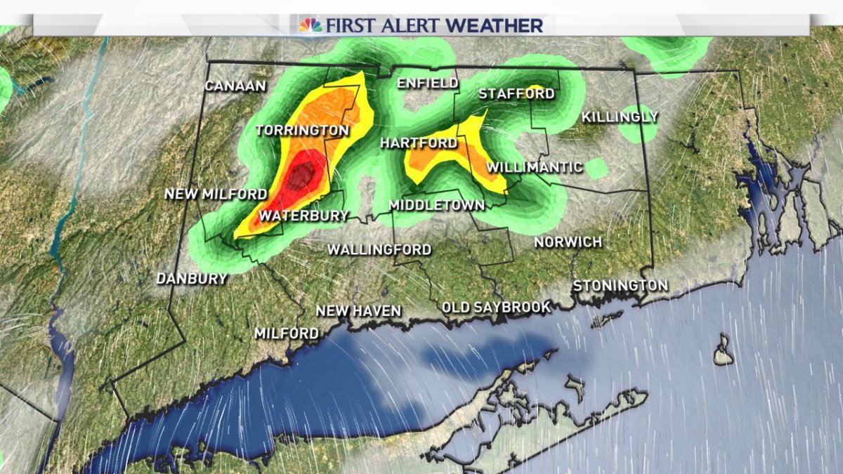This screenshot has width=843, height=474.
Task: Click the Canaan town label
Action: [235, 86]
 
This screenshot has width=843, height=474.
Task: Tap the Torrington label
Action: [302, 131]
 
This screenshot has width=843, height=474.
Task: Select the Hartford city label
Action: [418, 143]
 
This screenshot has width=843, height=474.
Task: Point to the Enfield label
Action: [428, 84]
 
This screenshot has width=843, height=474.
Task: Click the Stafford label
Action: [516, 94]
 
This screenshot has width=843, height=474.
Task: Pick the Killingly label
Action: [620, 117]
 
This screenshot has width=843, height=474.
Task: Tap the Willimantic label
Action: [535, 167]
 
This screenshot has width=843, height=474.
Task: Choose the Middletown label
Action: [436, 205]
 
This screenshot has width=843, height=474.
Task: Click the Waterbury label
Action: [303, 216]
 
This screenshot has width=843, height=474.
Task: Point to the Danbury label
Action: [192, 279]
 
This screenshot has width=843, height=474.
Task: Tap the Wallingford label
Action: [379, 249]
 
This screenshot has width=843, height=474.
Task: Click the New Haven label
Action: [358, 310]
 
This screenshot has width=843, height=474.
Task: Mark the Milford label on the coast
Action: [287, 334]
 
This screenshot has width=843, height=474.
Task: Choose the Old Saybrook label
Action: [496, 307]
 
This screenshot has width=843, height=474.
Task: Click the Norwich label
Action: [568, 242]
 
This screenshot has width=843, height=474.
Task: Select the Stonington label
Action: [620, 286]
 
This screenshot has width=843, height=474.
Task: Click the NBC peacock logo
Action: [310, 25]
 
